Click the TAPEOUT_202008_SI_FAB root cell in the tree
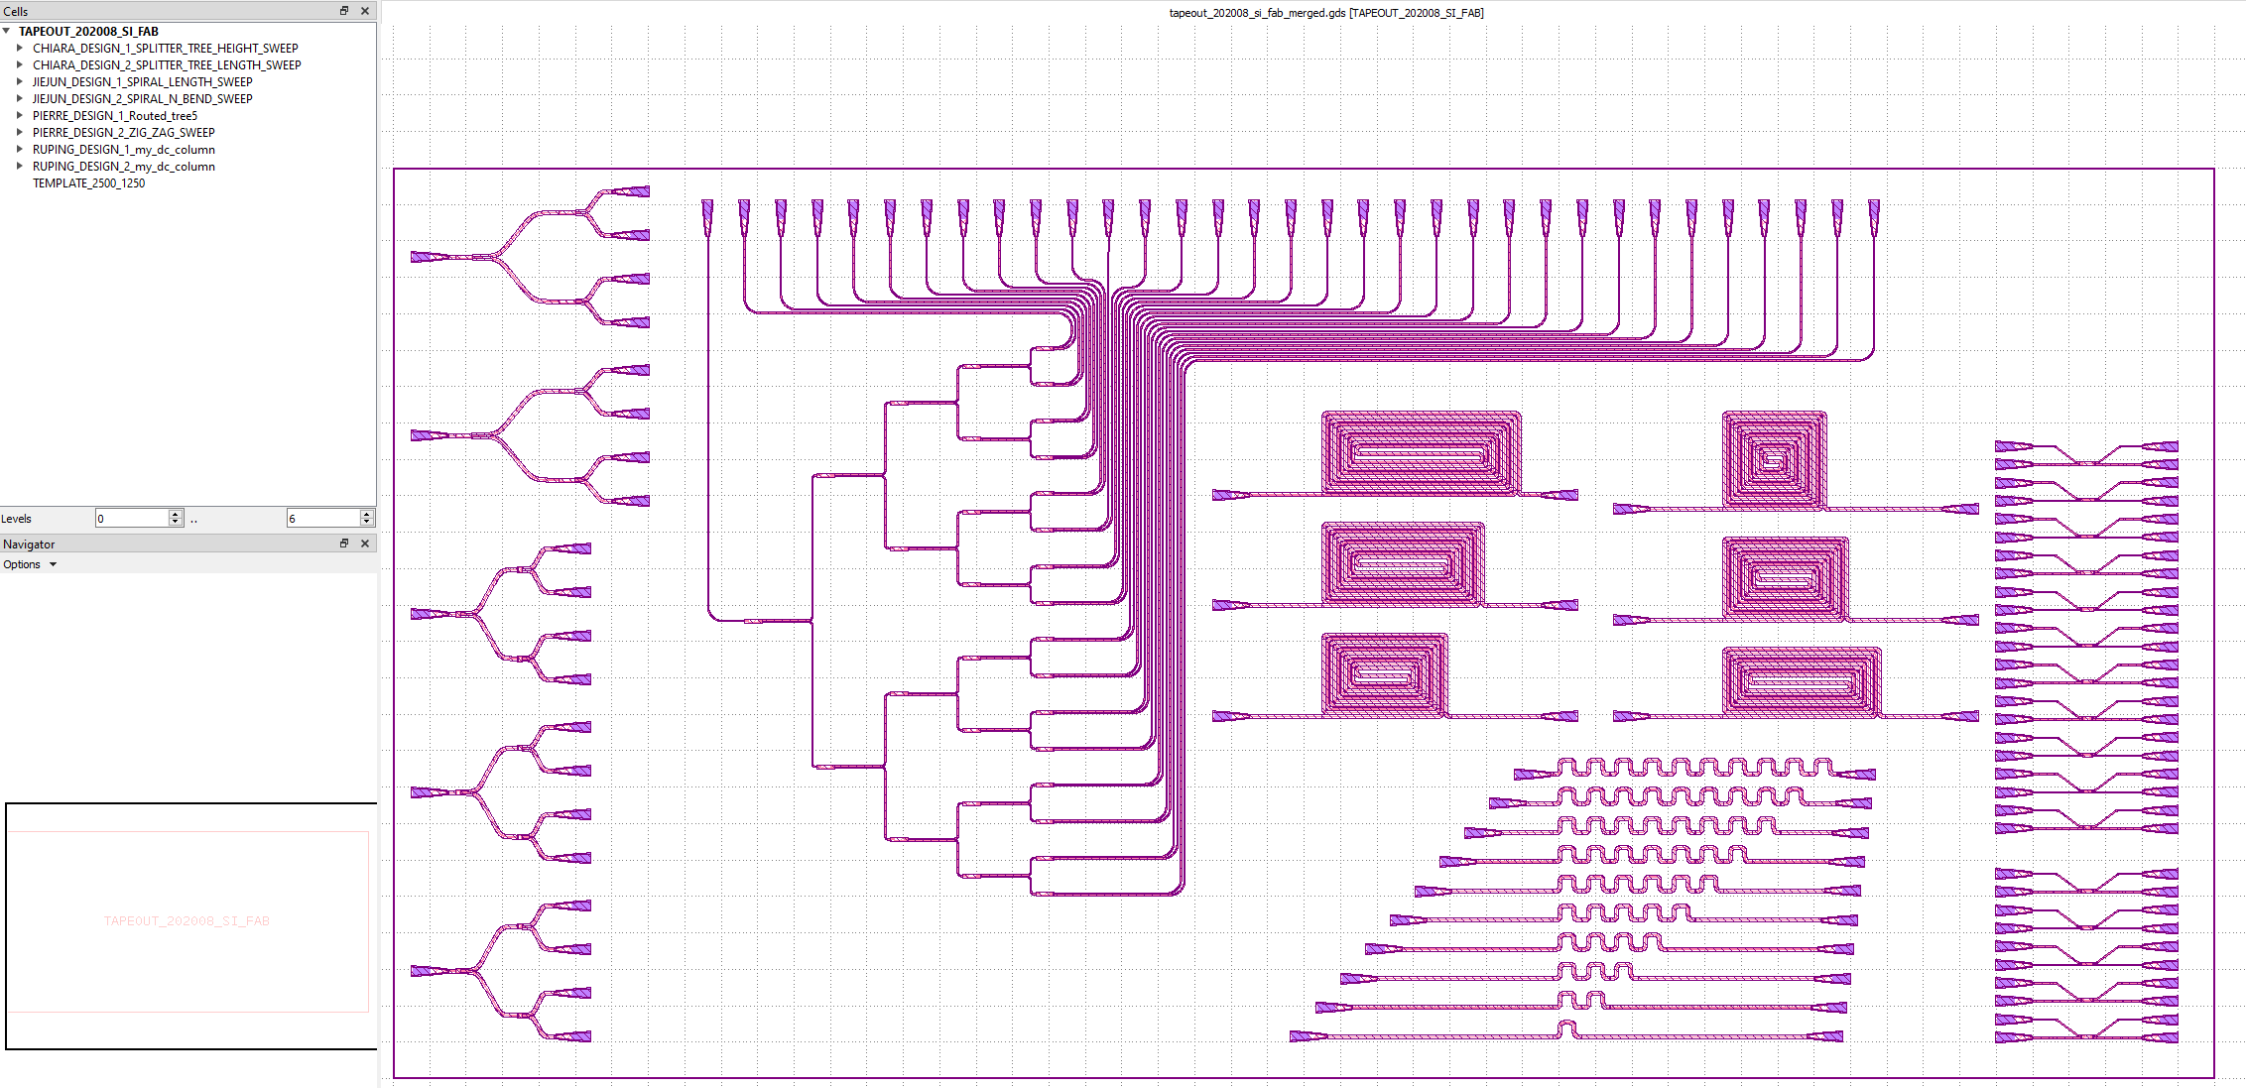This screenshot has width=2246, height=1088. tap(88, 32)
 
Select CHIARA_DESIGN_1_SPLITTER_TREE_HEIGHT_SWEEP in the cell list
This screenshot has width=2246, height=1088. tap(165, 49)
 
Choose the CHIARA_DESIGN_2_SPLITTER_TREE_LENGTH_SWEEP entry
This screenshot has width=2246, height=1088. tap(167, 65)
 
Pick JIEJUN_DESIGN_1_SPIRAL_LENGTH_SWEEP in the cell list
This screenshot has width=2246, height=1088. tap(142, 82)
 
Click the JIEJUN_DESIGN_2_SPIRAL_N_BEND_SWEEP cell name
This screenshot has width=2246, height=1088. tap(142, 99)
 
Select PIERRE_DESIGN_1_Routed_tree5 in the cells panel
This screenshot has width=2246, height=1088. tap(114, 116)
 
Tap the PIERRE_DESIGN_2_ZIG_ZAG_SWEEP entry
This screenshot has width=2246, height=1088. tap(123, 133)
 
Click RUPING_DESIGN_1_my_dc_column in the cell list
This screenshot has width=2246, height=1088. tap(123, 150)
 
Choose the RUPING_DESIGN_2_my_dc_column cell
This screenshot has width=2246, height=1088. tap(123, 167)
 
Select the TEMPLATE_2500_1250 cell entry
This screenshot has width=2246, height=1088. tap(88, 183)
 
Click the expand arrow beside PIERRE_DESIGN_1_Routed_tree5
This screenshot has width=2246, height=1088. tap(20, 116)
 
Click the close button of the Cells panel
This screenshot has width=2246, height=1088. tap(365, 11)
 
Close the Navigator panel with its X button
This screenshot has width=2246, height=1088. tap(365, 544)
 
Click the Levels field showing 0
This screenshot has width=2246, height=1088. tap(132, 519)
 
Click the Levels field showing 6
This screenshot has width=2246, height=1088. tap(322, 519)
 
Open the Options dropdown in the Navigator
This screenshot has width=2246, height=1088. tap(30, 564)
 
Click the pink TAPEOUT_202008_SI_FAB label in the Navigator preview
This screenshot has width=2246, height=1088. tap(187, 921)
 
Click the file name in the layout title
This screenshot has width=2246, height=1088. tap(1257, 13)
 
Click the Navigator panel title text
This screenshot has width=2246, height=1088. tap(29, 544)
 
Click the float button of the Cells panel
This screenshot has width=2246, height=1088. tap(344, 11)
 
